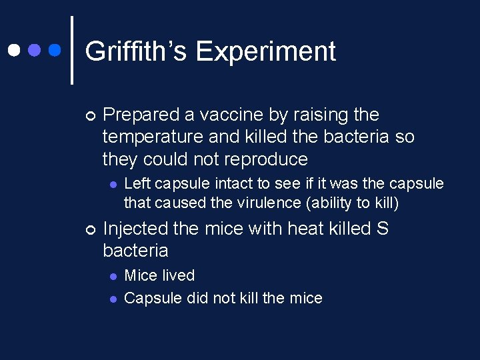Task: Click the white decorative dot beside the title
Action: pos(13,50)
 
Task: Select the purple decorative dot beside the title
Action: pos(35,50)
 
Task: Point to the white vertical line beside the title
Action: pos(71,50)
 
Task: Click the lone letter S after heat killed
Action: pos(382,229)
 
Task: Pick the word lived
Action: pos(177,275)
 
